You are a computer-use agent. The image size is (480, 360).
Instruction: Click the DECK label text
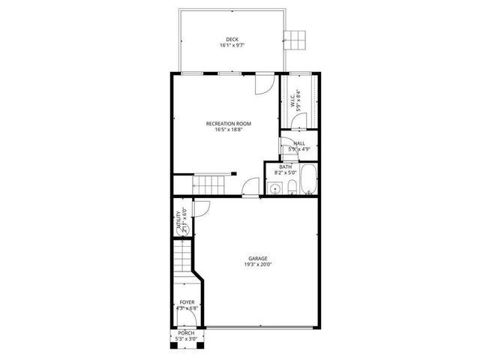[x=232, y=39]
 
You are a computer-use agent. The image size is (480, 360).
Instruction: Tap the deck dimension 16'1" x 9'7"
[x=232, y=45]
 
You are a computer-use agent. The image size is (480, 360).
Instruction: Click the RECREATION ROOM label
[x=229, y=123]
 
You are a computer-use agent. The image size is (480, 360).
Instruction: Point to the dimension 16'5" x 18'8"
[x=229, y=129]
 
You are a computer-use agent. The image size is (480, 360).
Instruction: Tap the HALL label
[x=299, y=142]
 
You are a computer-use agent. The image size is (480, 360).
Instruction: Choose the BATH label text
[x=286, y=166]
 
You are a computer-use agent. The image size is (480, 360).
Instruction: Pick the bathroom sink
[x=274, y=188]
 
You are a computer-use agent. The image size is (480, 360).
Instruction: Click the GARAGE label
[x=258, y=258]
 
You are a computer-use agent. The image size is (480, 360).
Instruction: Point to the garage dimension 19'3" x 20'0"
[x=258, y=264]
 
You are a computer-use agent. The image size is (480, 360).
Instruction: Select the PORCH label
[x=185, y=333]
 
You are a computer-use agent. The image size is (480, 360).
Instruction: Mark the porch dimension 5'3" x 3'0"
[x=185, y=339]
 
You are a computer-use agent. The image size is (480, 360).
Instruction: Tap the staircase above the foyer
[x=182, y=258]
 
